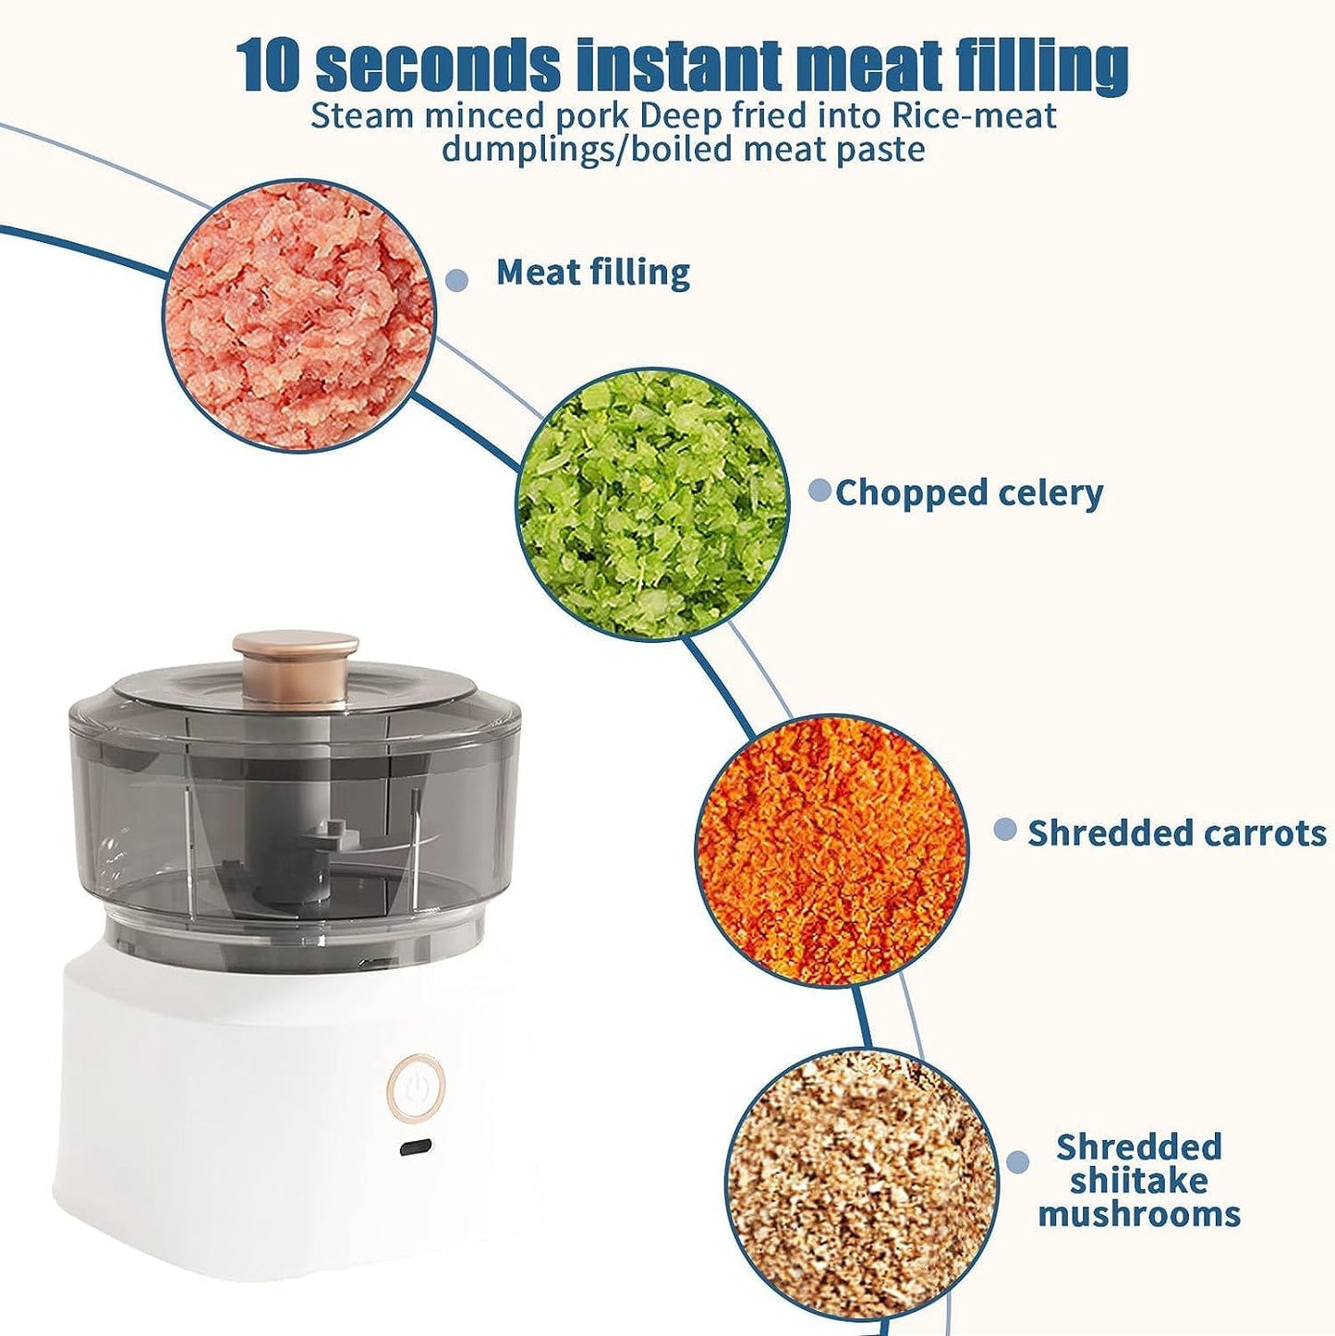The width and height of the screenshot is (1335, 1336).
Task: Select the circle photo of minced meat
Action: coord(299,315)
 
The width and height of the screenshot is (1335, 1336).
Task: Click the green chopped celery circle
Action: coord(652,505)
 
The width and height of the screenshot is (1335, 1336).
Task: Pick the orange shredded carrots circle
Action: coord(831,851)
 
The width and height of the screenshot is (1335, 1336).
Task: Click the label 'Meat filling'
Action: coord(593,273)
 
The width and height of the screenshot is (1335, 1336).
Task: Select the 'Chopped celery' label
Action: coord(969,493)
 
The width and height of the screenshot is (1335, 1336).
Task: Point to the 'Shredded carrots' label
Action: coord(1177,832)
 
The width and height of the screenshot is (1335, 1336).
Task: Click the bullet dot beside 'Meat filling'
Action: coord(456,279)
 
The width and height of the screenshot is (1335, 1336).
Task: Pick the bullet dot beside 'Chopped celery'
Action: coord(819,491)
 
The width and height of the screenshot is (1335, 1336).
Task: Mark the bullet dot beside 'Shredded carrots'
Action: coord(1005,829)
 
